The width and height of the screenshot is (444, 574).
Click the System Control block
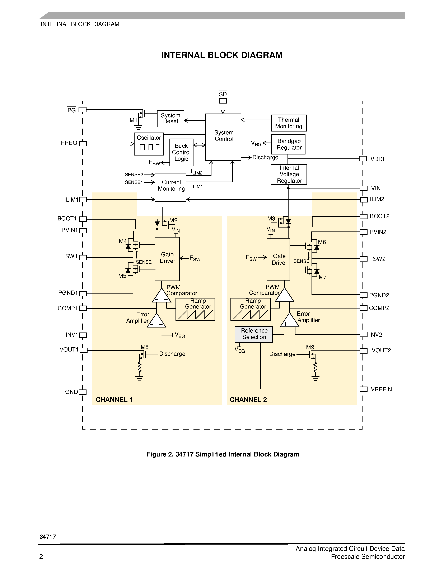coord(223,137)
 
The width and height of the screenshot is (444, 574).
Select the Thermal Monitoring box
coord(289,123)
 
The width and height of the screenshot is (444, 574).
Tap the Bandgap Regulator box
coord(288,144)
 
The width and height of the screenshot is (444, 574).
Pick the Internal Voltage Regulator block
coord(289,174)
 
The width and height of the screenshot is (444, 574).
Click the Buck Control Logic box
coord(181,152)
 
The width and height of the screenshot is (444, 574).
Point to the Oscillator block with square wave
coord(149,144)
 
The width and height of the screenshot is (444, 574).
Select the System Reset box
coord(170,119)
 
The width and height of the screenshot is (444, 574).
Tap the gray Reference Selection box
coord(254,334)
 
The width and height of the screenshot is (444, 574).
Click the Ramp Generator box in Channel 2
coord(250,309)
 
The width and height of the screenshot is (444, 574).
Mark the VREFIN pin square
coord(364,389)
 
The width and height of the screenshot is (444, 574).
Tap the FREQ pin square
coord(83,144)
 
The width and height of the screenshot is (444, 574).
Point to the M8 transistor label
coord(144,347)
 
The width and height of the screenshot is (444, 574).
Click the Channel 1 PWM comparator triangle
coord(162,296)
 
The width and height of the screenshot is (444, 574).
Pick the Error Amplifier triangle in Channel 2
coord(290,320)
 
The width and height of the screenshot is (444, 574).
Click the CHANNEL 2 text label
coord(248,400)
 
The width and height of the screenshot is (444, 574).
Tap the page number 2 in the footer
coord(41,556)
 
